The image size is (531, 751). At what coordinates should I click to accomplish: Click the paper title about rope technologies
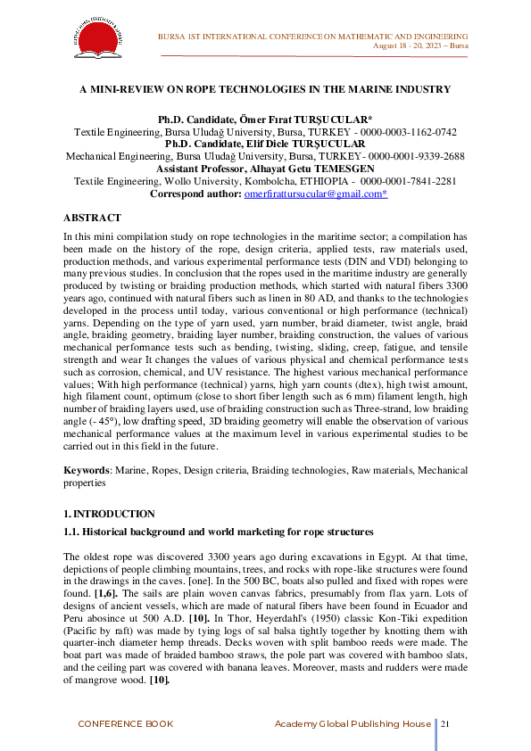[x=265, y=89]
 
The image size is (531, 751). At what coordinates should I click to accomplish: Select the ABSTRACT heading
[x=92, y=217]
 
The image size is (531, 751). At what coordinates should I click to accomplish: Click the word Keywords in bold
[x=85, y=468]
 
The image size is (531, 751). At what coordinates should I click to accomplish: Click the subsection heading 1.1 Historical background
[x=218, y=532]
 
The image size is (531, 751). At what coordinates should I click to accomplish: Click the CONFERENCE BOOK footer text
[x=125, y=723]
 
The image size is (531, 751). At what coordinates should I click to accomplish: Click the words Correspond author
[x=195, y=193]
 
